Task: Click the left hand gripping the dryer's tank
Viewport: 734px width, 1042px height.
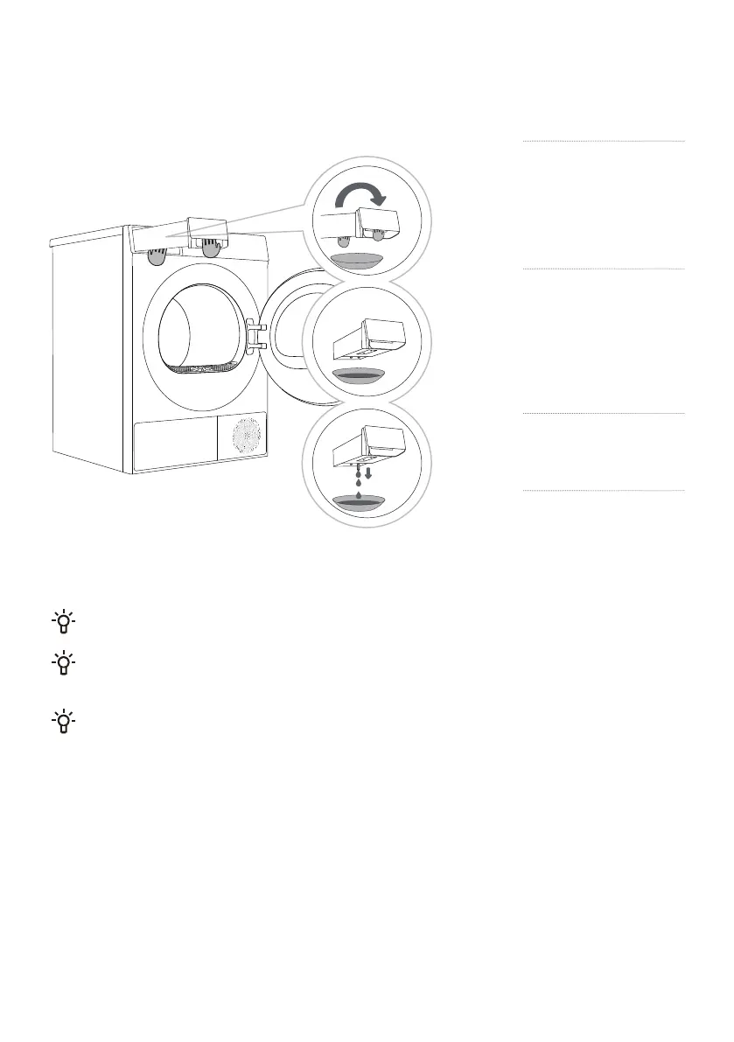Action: click(157, 255)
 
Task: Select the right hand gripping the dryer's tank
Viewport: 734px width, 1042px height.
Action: click(210, 248)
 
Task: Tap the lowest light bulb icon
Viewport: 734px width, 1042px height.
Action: click(64, 723)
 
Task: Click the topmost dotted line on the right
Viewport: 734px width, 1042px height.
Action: click(604, 141)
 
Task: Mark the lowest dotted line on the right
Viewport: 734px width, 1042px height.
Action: click(604, 491)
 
